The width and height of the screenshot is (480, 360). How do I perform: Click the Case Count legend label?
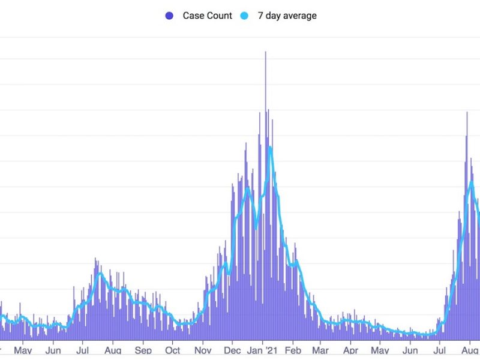[x=207, y=16]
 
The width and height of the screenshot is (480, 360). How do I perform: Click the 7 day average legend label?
[x=287, y=16]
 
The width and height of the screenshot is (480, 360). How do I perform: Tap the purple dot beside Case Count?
[x=170, y=16]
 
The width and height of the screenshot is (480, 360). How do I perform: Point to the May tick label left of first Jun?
[x=23, y=350]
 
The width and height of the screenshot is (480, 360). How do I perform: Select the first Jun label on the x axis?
[x=53, y=350]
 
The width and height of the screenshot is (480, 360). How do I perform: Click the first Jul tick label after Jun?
[x=83, y=350]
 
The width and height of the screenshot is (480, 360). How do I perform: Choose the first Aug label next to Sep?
[x=113, y=350]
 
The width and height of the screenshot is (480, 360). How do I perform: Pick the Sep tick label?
[x=143, y=350]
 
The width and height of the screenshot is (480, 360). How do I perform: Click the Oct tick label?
[x=173, y=350]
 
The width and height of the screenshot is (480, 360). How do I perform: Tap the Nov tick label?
[x=203, y=350]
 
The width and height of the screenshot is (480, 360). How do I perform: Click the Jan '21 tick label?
[x=262, y=350]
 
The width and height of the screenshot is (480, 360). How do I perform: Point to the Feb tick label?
[x=293, y=350]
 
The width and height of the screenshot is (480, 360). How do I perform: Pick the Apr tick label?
[x=351, y=350]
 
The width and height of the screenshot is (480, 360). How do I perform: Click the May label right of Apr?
[x=380, y=350]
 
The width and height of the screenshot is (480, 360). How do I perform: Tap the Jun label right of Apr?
[x=411, y=350]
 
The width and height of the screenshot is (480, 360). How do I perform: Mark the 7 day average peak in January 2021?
[x=271, y=147]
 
